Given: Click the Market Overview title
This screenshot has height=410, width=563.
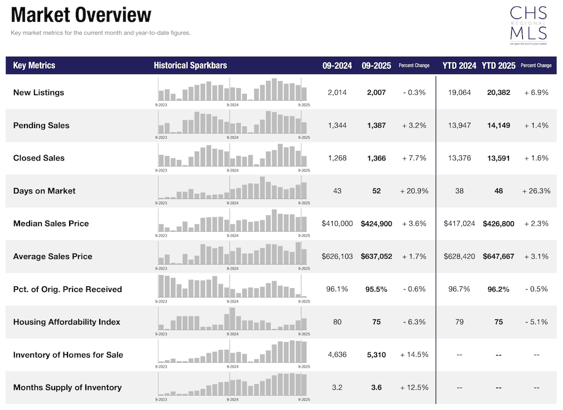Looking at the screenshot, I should point(81,15).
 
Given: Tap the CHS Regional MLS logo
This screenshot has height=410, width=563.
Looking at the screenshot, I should point(528,25).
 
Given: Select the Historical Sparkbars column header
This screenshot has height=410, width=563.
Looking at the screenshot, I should point(190,65).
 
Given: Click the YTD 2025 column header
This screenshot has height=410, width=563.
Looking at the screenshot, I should point(498,65).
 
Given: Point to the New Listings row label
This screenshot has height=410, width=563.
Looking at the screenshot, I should point(38,92).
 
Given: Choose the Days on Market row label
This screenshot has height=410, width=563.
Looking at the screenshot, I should point(44,191).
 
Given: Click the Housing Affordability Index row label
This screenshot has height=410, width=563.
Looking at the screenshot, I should point(66,322).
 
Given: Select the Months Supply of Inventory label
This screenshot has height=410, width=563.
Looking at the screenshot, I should point(67,387).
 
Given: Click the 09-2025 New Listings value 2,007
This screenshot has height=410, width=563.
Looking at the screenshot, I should point(376,92).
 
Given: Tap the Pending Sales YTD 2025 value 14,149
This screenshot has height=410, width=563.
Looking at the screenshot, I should point(498,125).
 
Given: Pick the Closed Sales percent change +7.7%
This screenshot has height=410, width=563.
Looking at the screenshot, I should point(414,158).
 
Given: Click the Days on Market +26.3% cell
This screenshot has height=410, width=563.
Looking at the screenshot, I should point(536,191).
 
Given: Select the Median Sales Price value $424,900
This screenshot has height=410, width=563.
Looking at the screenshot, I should point(376,223).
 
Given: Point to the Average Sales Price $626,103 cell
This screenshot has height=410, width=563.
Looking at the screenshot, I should point(337,256).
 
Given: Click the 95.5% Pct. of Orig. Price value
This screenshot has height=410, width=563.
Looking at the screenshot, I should point(376,289).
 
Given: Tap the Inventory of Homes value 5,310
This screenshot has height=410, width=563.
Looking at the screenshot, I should point(376,355).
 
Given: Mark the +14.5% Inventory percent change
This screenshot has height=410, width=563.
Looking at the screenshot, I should point(414,355).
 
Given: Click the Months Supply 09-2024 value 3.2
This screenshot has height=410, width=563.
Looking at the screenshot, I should point(337,387).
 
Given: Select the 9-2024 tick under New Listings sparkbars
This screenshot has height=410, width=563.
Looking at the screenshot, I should point(232,105).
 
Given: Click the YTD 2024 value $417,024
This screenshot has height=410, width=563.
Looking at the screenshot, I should point(459,223).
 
